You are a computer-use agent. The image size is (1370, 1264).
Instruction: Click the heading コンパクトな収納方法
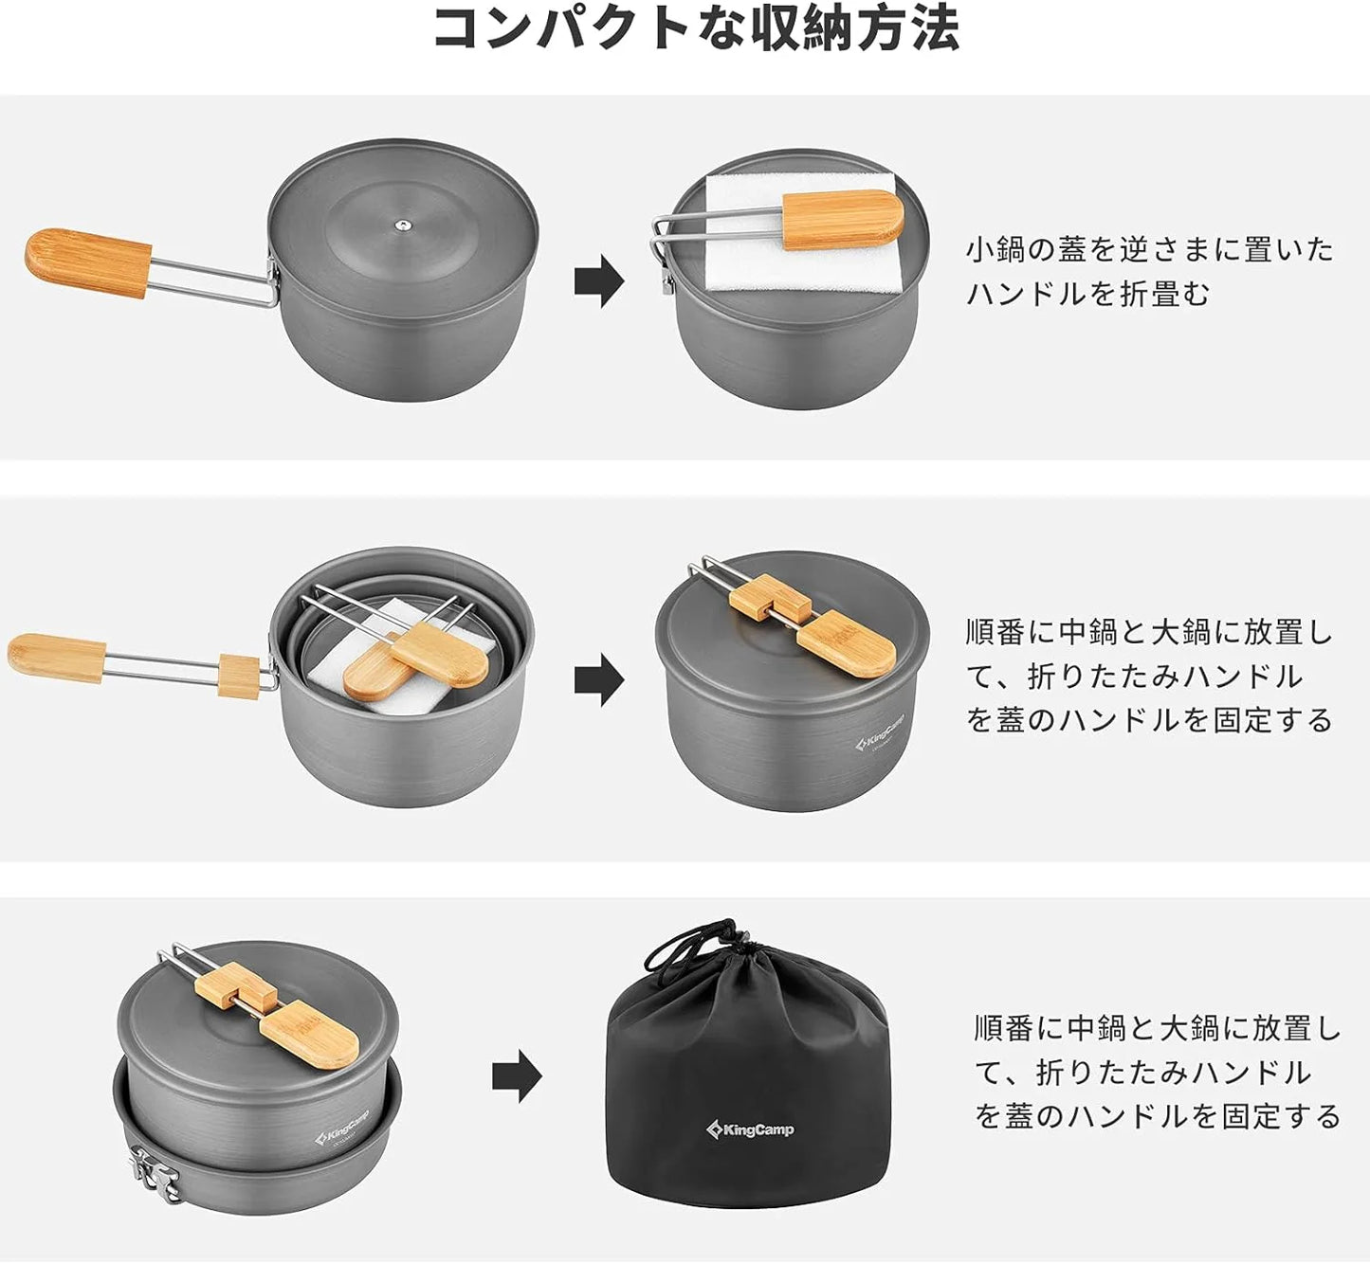pyautogui.click(x=697, y=28)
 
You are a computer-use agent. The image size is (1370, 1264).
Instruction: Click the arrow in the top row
pyautogui.click(x=598, y=281)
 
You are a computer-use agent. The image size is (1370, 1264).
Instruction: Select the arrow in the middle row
pyautogui.click(x=598, y=680)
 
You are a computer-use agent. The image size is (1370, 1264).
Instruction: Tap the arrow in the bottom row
pyautogui.click(x=517, y=1075)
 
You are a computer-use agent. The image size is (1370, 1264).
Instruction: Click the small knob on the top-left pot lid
pyautogui.click(x=403, y=226)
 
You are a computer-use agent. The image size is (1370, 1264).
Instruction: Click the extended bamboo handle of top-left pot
pyautogui.click(x=88, y=262)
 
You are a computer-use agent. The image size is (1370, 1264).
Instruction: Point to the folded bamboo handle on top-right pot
pyautogui.click(x=842, y=219)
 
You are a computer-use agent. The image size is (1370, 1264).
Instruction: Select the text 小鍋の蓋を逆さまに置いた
pyautogui.click(x=1149, y=250)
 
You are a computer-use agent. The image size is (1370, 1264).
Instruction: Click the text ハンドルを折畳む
pyautogui.click(x=1087, y=294)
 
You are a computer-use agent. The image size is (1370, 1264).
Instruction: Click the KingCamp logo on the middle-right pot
pyautogui.click(x=879, y=732)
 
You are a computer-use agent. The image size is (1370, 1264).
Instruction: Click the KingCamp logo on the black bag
pyautogui.click(x=750, y=1129)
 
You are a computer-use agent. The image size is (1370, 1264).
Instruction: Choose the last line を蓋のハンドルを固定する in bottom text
pyautogui.click(x=1157, y=1115)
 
